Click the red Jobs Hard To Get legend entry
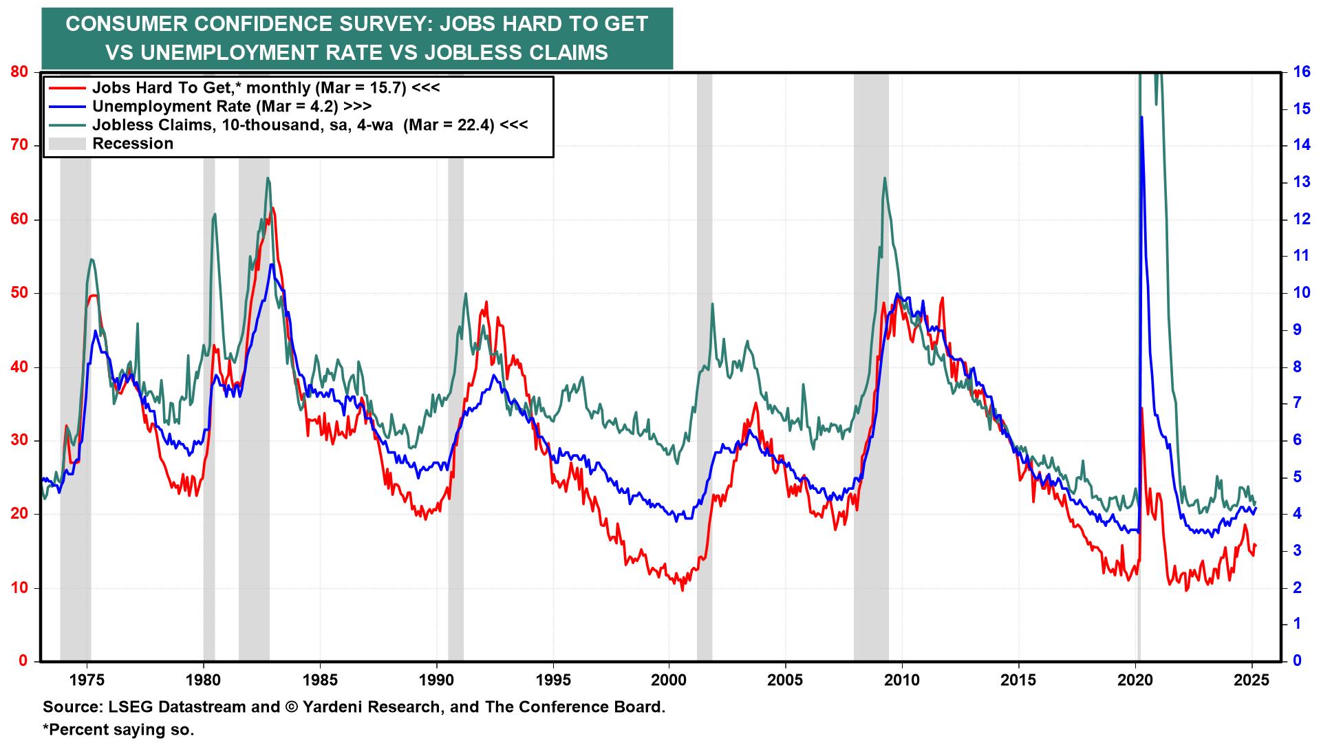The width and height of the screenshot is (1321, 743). (265, 88)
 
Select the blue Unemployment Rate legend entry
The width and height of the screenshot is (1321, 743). (231, 106)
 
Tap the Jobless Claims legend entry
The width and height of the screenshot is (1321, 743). (310, 125)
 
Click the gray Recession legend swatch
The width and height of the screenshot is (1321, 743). (66, 144)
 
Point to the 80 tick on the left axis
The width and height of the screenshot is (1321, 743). (19, 72)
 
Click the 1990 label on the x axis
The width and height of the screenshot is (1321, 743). (436, 680)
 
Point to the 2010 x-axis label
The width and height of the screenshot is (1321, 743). (902, 680)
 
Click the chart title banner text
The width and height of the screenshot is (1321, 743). (356, 38)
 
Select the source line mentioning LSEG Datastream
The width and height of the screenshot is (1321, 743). (354, 707)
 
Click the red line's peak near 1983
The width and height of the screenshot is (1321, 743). (273, 208)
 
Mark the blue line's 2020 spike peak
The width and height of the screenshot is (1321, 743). (1141, 118)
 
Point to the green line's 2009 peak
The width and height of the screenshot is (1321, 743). (884, 177)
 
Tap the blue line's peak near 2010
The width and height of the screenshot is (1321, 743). (896, 294)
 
